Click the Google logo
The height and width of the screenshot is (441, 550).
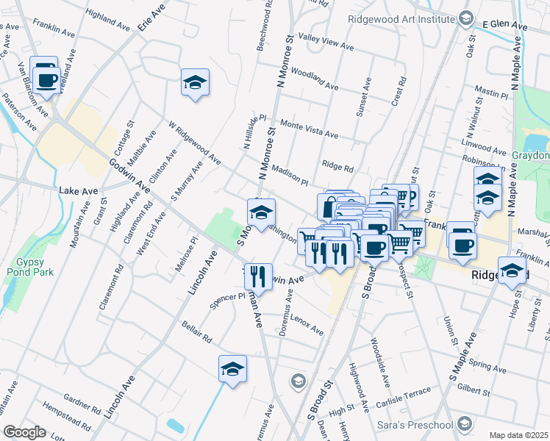pos(24,432)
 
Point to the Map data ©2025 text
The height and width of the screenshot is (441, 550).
pos(518,435)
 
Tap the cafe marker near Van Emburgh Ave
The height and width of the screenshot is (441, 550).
pos(45,77)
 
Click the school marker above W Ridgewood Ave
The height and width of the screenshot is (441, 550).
pos(195,82)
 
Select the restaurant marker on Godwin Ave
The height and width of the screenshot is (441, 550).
pos(257,277)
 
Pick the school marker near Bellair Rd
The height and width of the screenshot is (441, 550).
pos(232,368)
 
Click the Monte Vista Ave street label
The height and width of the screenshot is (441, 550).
pos(308,130)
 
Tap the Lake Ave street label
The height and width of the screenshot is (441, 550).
pos(79,190)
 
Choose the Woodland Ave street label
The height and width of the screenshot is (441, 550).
pos(314,79)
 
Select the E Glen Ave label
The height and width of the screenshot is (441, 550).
pos(506,26)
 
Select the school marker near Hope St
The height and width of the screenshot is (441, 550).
pos(512,270)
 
